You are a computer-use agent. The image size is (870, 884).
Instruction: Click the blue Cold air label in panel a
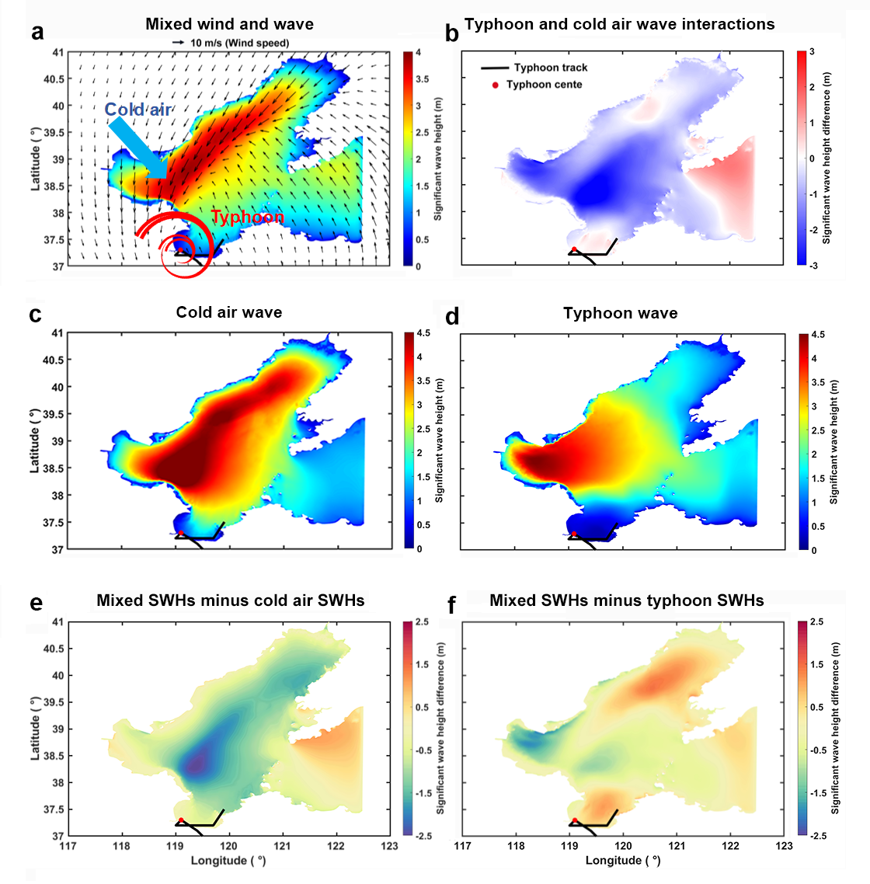(x=138, y=110)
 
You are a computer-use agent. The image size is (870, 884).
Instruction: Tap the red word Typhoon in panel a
(x=248, y=217)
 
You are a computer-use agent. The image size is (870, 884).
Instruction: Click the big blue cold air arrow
(x=139, y=149)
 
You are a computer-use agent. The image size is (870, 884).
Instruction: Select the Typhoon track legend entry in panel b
(x=534, y=68)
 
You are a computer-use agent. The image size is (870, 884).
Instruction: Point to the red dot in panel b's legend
(x=495, y=85)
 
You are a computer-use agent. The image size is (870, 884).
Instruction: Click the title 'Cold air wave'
(x=229, y=312)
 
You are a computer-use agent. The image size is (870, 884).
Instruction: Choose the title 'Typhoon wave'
(x=620, y=314)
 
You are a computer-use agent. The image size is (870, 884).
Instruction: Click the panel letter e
(x=36, y=603)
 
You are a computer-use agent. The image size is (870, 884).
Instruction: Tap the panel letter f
(x=451, y=605)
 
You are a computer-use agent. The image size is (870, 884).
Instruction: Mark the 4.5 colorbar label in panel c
(x=423, y=333)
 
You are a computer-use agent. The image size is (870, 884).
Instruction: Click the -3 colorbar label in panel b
(x=813, y=266)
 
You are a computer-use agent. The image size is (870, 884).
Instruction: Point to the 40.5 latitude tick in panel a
(x=54, y=79)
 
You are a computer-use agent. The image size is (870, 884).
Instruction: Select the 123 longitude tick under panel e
(x=389, y=846)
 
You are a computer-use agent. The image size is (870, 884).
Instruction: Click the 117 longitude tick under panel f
(x=462, y=846)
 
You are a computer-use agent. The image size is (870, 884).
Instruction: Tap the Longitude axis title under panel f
(x=623, y=861)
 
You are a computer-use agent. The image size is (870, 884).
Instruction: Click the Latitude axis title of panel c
(x=35, y=441)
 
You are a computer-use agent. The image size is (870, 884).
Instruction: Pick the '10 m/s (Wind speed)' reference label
(x=239, y=43)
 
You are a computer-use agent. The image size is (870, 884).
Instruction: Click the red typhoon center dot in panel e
(x=181, y=820)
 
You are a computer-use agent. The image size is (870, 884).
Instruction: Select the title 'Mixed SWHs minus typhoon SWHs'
(x=626, y=600)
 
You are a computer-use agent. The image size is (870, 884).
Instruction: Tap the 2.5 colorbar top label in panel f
(x=816, y=622)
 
